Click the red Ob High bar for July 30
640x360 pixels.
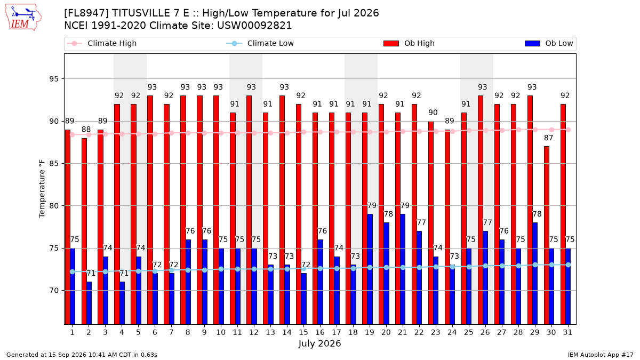(546, 235)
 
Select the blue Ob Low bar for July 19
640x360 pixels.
(370, 269)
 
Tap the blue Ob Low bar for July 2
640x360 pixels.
(89, 303)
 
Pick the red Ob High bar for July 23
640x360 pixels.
(430, 223)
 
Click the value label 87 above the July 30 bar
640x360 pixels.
(548, 138)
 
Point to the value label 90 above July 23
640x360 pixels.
(433, 113)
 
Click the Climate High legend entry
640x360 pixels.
(101, 43)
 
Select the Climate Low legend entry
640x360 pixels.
(260, 43)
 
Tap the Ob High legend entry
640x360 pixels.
(409, 43)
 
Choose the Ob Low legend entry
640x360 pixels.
(549, 43)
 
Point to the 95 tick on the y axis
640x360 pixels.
(54, 79)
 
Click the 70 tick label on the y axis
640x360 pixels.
(54, 291)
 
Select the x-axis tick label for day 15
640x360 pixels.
(303, 332)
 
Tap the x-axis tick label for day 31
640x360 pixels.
(567, 332)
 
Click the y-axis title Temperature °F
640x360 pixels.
(42, 189)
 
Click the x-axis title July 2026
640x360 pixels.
(319, 343)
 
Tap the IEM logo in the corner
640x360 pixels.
(23, 18)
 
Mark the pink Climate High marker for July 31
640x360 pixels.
(569, 130)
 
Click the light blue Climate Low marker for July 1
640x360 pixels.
(73, 271)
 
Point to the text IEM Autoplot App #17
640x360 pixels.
(601, 355)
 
